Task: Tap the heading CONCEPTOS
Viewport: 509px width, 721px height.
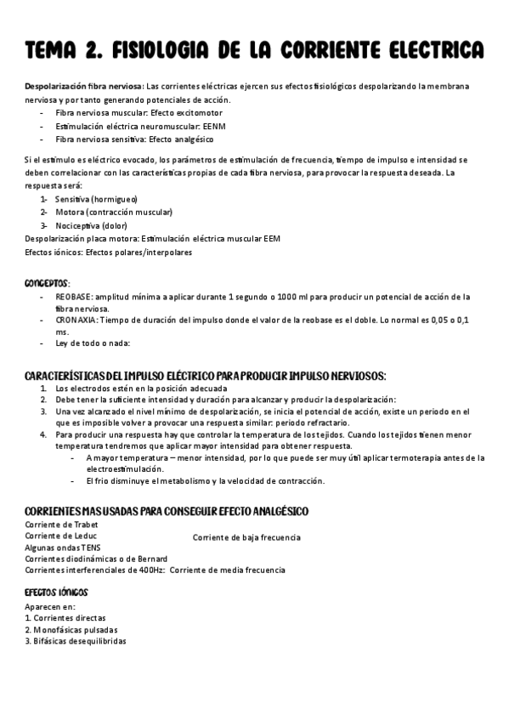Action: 48,282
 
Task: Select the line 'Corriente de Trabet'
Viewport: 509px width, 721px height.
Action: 61,525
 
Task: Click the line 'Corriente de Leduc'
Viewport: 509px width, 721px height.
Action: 60,536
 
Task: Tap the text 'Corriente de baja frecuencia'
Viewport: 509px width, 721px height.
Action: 246,537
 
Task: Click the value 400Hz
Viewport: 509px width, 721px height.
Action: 150,570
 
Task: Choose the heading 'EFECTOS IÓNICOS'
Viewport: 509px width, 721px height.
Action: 56,591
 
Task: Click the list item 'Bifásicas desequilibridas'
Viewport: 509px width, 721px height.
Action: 79,641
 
